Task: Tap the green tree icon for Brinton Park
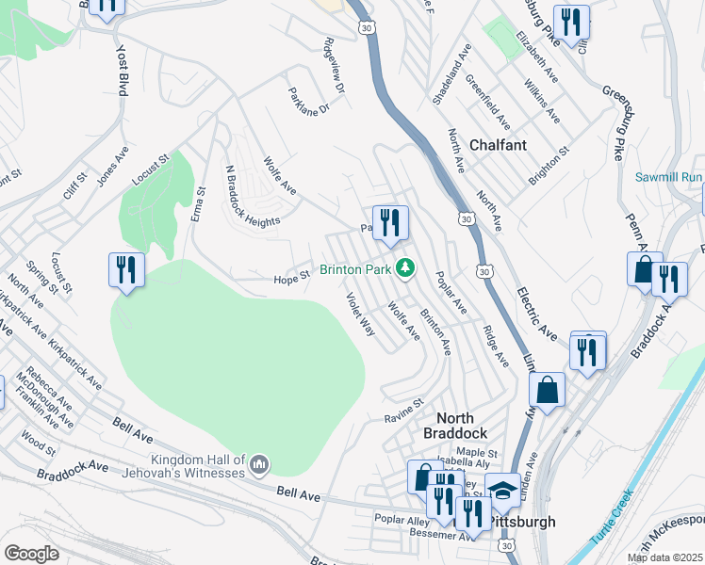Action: tap(405, 269)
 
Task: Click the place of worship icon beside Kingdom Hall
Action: tap(261, 464)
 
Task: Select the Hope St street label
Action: tap(291, 279)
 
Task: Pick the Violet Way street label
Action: tap(360, 315)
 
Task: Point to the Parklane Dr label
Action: tap(310, 97)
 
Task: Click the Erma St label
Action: tap(199, 204)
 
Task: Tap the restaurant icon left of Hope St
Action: tap(125, 270)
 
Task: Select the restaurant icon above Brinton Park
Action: tap(390, 223)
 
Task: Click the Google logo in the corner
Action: tap(31, 554)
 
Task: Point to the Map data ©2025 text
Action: tap(664, 557)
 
